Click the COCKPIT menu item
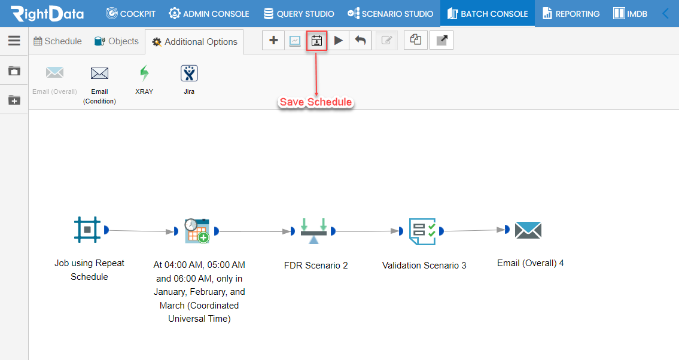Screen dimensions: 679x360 click(x=130, y=14)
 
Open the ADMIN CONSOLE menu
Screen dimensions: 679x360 click(x=209, y=14)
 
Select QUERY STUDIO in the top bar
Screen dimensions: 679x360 click(x=299, y=14)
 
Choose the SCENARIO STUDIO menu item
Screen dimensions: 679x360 click(x=390, y=14)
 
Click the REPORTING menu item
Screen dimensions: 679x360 click(x=571, y=14)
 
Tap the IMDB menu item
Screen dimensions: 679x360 click(x=630, y=14)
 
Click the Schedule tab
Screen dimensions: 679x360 click(x=57, y=41)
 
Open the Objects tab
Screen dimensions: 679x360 click(x=117, y=41)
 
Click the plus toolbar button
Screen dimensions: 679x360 click(x=273, y=41)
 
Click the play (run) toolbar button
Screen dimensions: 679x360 click(x=338, y=41)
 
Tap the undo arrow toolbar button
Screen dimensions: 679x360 click(x=360, y=41)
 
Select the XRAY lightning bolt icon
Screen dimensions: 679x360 click(x=144, y=74)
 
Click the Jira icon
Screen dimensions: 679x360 click(x=189, y=74)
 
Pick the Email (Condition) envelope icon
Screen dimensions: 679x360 click(x=99, y=74)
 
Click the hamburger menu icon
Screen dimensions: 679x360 click(x=14, y=41)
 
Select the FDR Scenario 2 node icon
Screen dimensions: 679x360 click(x=314, y=231)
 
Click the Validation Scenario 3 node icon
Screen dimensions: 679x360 click(x=422, y=231)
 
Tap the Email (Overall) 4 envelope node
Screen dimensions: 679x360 click(x=528, y=230)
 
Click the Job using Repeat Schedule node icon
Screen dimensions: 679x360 click(x=87, y=229)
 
